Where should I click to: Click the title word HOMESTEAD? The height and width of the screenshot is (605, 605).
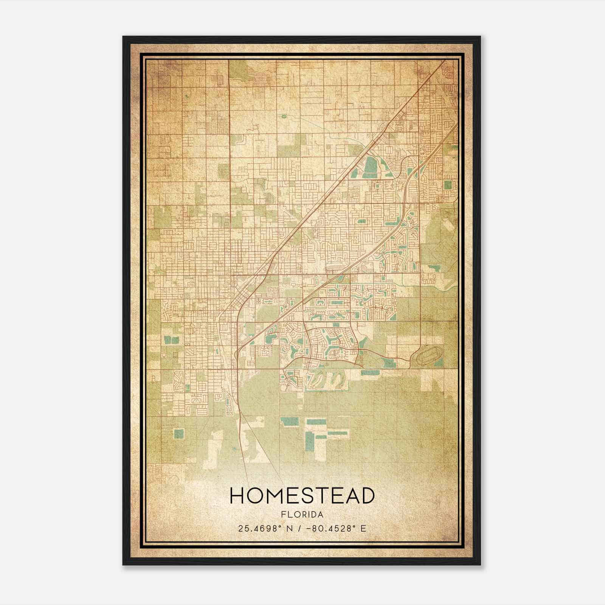click(x=302, y=496)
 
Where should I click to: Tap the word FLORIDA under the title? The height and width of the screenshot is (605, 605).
click(x=302, y=515)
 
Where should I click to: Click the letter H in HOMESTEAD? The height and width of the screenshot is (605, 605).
click(x=238, y=496)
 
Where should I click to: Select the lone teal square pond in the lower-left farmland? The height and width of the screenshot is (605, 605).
click(x=178, y=434)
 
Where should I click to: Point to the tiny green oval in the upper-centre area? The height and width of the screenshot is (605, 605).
click(x=283, y=116)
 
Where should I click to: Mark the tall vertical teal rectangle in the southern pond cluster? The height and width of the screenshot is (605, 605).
click(x=309, y=441)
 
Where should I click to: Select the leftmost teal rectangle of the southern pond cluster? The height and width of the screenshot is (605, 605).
click(x=289, y=421)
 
